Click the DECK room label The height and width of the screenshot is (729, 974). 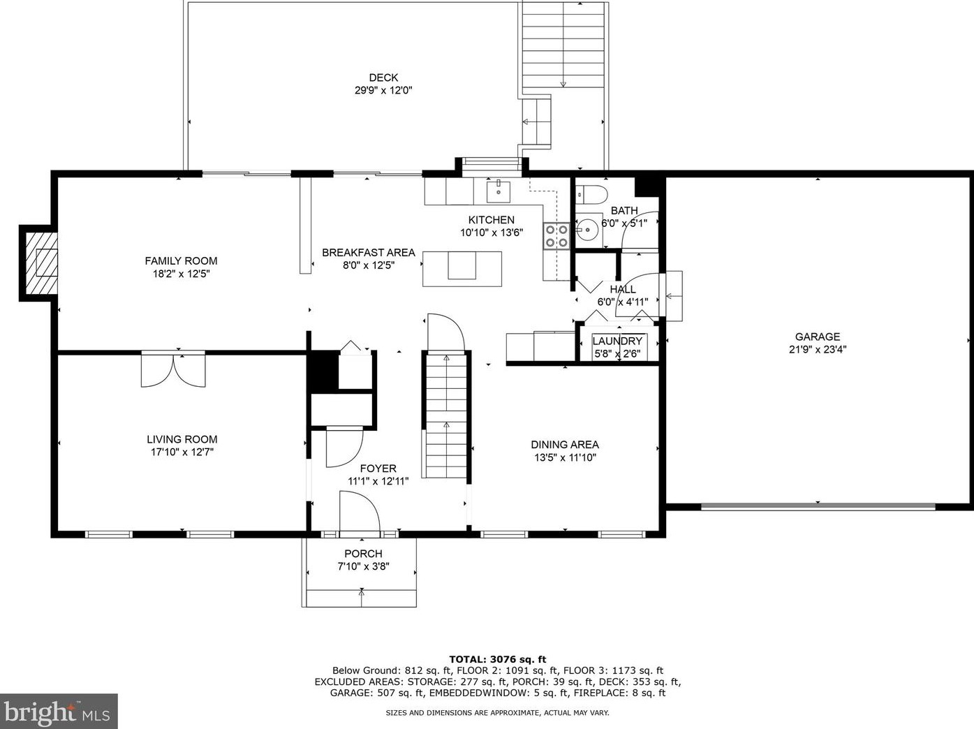click(x=383, y=78)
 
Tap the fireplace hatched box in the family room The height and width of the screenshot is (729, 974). click(x=41, y=263)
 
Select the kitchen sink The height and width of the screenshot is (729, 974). click(x=499, y=192)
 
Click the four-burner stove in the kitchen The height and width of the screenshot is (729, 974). click(x=556, y=235)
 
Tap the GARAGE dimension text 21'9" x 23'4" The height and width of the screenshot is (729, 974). click(x=818, y=349)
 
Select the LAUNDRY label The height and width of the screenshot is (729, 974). click(x=617, y=341)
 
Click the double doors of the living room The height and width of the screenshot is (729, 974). click(x=173, y=369)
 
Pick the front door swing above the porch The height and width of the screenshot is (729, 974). click(x=360, y=510)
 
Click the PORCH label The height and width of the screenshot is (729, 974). click(x=363, y=553)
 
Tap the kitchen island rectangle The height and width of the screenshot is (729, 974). click(x=462, y=269)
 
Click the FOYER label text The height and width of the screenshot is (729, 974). click(x=378, y=468)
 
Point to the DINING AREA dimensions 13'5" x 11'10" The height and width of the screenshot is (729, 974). click(x=565, y=457)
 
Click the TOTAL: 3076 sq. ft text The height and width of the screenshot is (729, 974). click(x=497, y=659)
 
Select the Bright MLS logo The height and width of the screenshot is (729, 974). click(x=59, y=712)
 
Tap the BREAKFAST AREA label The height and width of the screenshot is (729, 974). click(x=368, y=253)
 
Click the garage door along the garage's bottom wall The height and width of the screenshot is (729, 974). click(x=818, y=506)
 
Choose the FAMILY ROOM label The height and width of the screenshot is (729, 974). click(x=181, y=260)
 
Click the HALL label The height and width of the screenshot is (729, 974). click(x=623, y=289)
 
